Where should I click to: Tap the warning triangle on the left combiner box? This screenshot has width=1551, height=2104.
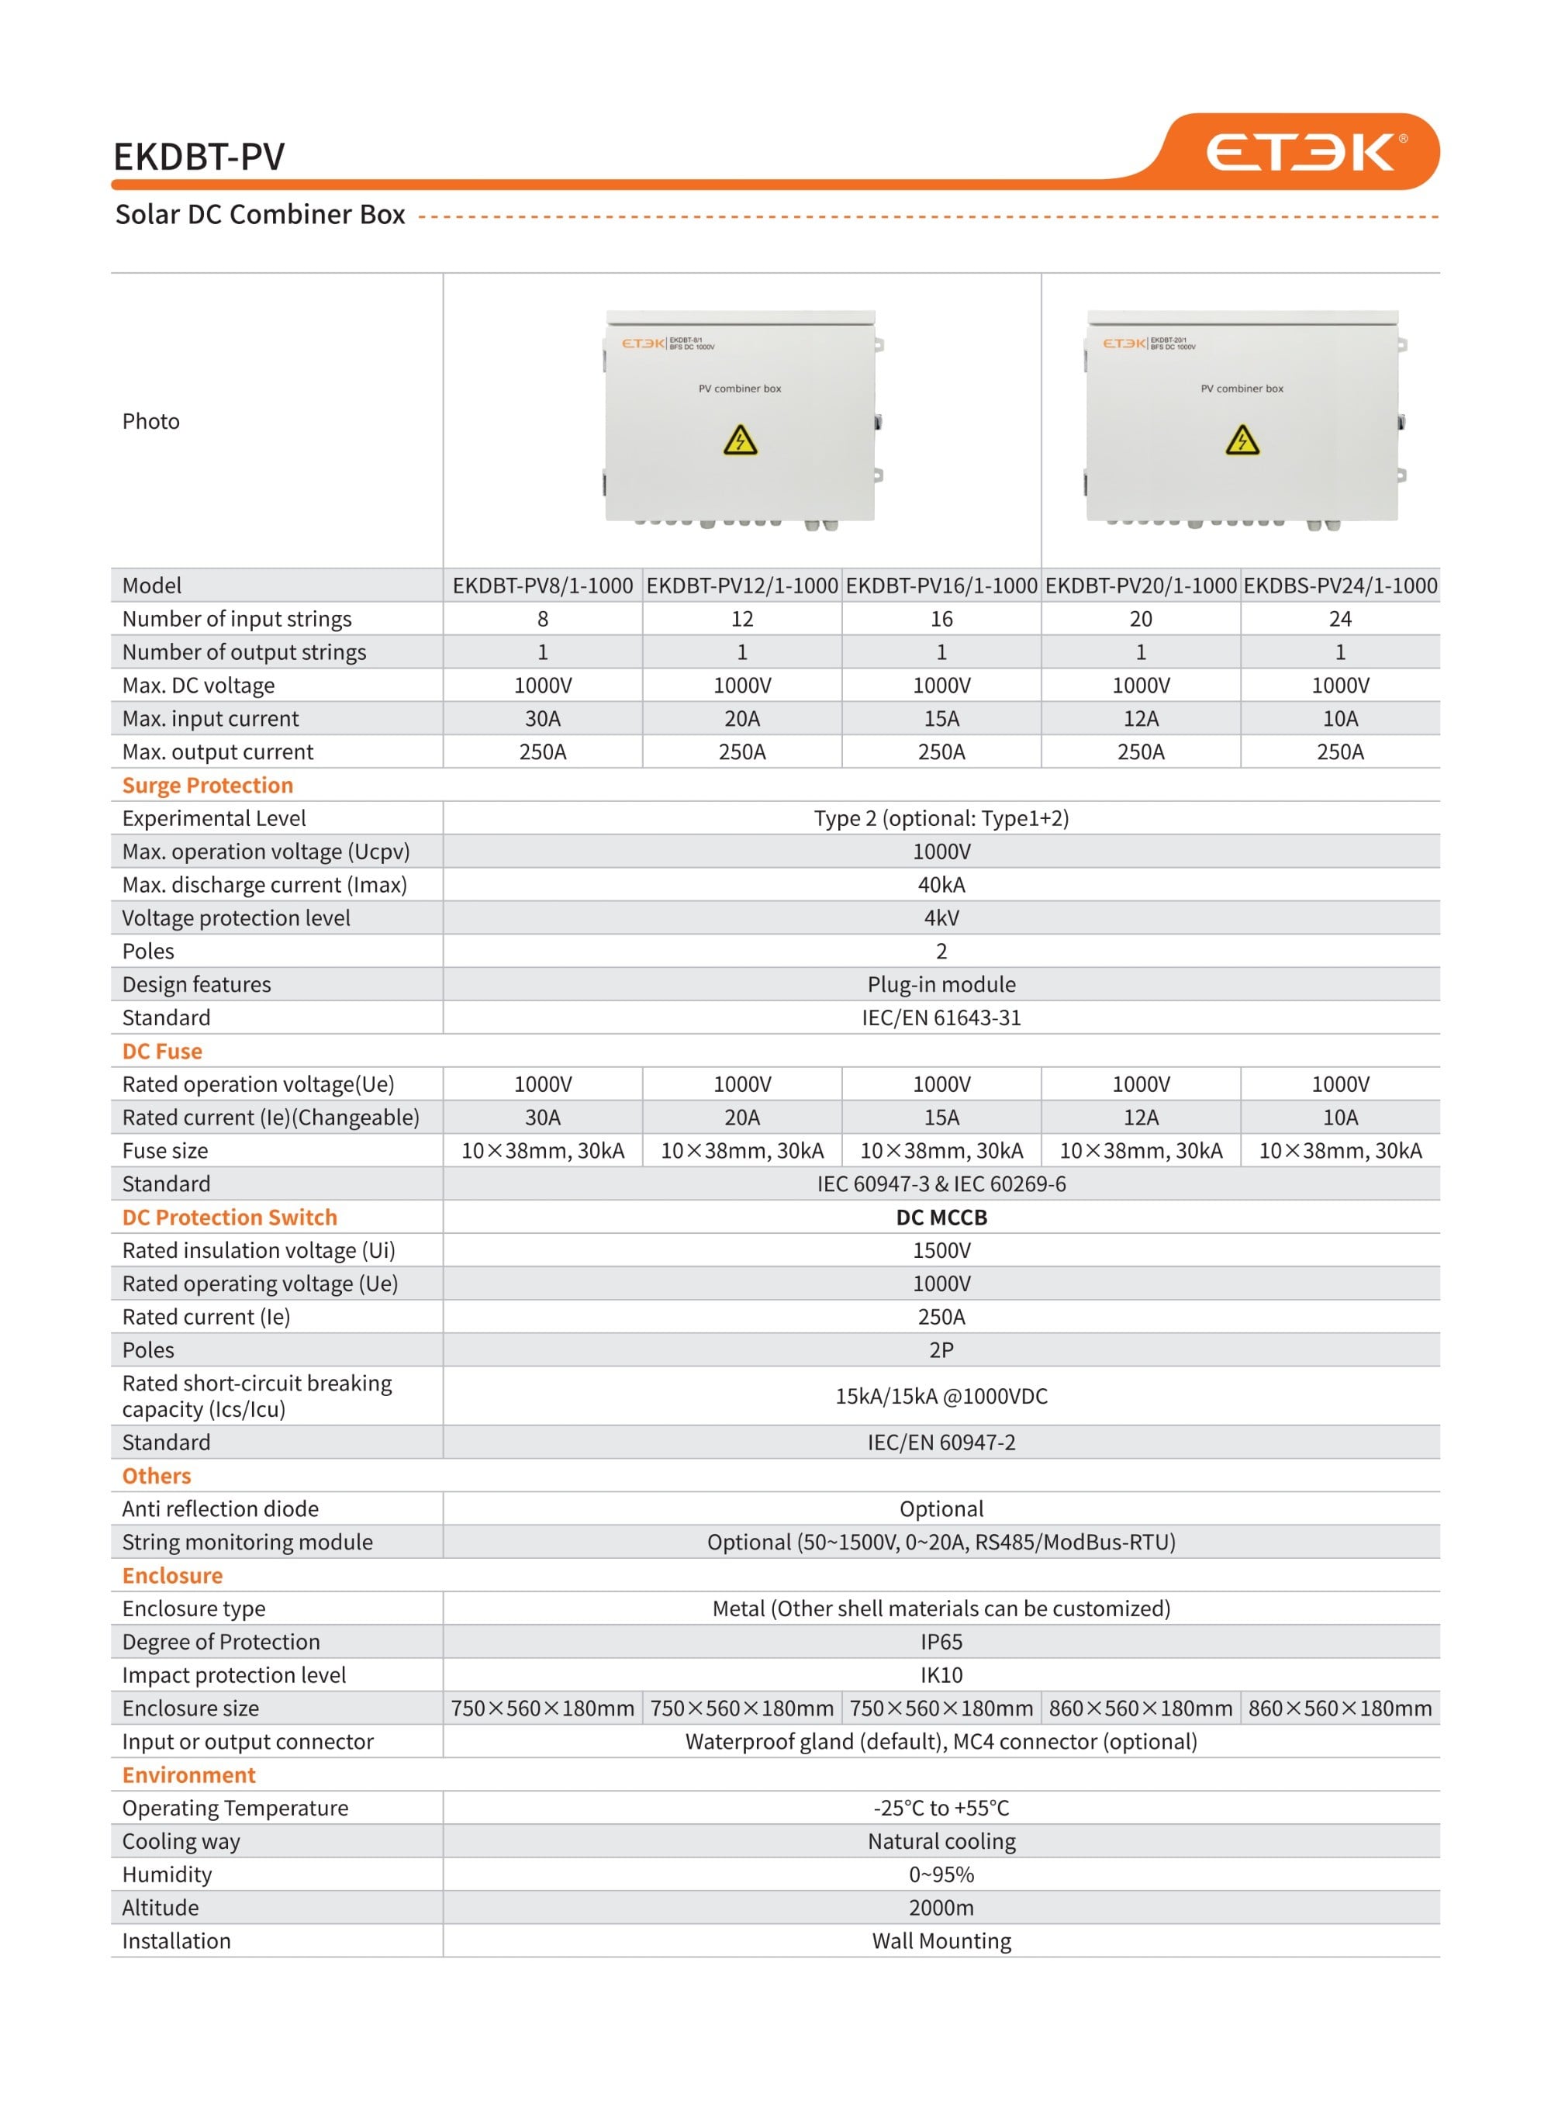click(x=740, y=440)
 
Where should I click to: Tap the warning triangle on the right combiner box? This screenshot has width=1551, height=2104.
click(x=1242, y=440)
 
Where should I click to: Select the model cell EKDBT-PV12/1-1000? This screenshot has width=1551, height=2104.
click(x=741, y=586)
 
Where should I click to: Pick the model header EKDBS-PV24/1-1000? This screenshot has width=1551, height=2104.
click(x=1340, y=586)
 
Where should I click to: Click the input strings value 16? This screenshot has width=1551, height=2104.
click(x=941, y=619)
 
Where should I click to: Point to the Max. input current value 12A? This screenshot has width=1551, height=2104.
click(x=1141, y=718)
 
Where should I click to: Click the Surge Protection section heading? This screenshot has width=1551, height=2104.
click(x=208, y=785)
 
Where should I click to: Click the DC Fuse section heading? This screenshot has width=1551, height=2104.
click(x=162, y=1051)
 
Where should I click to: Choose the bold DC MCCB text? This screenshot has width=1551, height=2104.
click(x=941, y=1217)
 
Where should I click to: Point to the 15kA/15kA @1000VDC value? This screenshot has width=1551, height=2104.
click(x=941, y=1396)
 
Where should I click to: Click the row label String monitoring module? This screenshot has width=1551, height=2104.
click(x=247, y=1542)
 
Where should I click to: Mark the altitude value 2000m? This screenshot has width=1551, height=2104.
click(x=941, y=1908)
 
